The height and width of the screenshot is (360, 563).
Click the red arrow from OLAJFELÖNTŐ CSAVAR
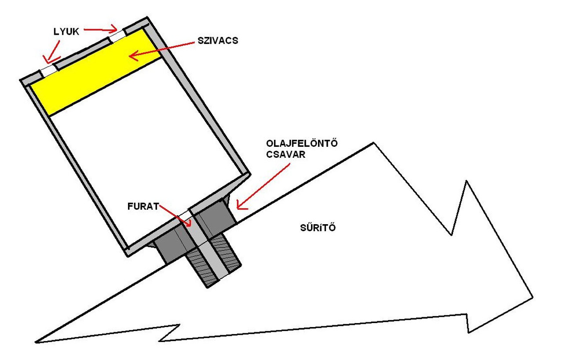coord(264,185)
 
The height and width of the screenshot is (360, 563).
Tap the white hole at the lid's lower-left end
coord(48,70)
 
